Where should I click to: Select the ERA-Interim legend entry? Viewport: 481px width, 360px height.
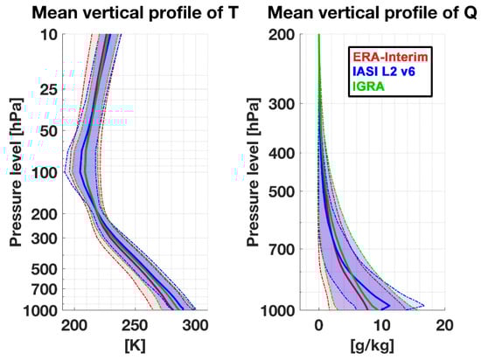pyautogui.click(x=388, y=55)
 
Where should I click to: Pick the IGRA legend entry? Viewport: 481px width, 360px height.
pyautogui.click(x=368, y=85)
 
